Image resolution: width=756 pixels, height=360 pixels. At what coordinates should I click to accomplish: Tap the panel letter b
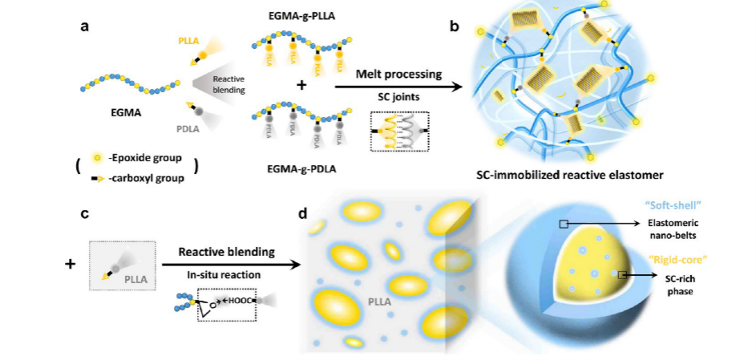point(455,26)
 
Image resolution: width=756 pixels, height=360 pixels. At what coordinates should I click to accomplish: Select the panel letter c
point(83,215)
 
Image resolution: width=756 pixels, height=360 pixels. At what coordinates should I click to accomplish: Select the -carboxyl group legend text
point(144,178)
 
